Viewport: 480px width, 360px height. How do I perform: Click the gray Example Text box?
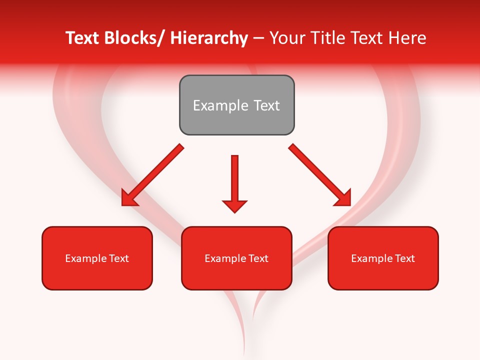coord(236,105)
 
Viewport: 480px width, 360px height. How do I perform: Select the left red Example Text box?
coord(97,258)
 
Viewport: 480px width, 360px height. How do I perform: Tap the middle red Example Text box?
coord(236,258)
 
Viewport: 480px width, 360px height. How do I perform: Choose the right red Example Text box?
coord(383,258)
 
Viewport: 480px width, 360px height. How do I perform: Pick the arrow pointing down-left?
coord(152,175)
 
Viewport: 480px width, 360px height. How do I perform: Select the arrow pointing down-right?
coord(320,175)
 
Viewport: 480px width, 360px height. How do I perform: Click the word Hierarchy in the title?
coord(208,38)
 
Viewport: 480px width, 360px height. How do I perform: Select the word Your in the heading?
coord(286,38)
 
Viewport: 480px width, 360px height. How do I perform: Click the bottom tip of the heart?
coord(244,352)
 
